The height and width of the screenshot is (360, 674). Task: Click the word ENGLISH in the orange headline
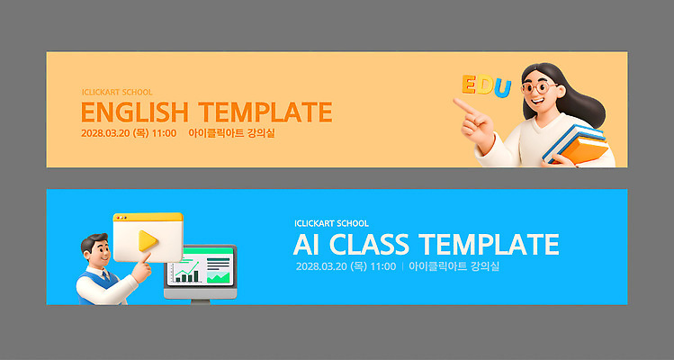(135, 112)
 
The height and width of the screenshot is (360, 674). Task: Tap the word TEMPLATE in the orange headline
(265, 112)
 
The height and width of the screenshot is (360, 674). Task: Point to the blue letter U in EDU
(502, 88)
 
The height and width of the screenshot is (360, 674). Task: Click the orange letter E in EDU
(469, 84)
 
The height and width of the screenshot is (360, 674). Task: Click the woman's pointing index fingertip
(457, 103)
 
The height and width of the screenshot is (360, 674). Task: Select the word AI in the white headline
(307, 244)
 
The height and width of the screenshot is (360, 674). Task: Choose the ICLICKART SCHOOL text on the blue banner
(331, 223)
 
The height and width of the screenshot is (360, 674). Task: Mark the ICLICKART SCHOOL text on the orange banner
(117, 92)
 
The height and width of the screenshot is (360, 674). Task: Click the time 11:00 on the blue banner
(382, 266)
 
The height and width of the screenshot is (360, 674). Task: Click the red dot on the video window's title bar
(118, 219)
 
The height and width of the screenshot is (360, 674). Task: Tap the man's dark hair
(90, 242)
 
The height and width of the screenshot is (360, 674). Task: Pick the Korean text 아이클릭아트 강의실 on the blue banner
(454, 266)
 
